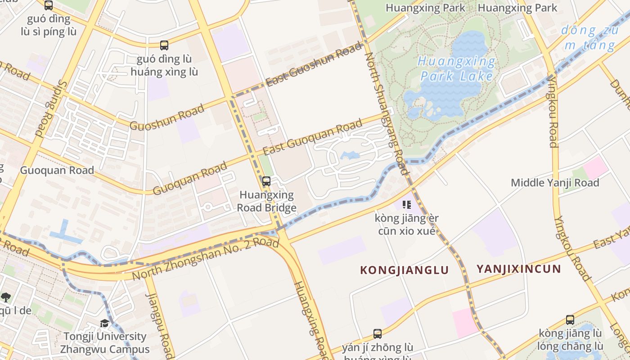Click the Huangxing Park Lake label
click(x=456, y=68)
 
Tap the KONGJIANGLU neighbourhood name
click(x=405, y=270)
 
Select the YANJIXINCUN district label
click(x=519, y=269)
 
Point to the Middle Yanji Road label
click(x=555, y=183)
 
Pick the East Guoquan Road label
click(x=312, y=137)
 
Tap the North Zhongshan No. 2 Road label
click(x=206, y=259)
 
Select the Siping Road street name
click(x=50, y=108)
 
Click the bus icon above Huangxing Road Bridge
click(x=266, y=181)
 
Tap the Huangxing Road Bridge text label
click(x=266, y=201)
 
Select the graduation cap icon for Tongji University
click(x=104, y=324)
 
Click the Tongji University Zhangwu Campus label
click(x=105, y=343)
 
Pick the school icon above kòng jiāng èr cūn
click(x=407, y=205)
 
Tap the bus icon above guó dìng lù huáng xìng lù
click(x=164, y=45)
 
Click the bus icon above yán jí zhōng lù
click(x=378, y=334)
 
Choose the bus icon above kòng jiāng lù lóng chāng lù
click(x=570, y=320)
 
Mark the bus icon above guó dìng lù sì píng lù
click(x=49, y=5)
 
